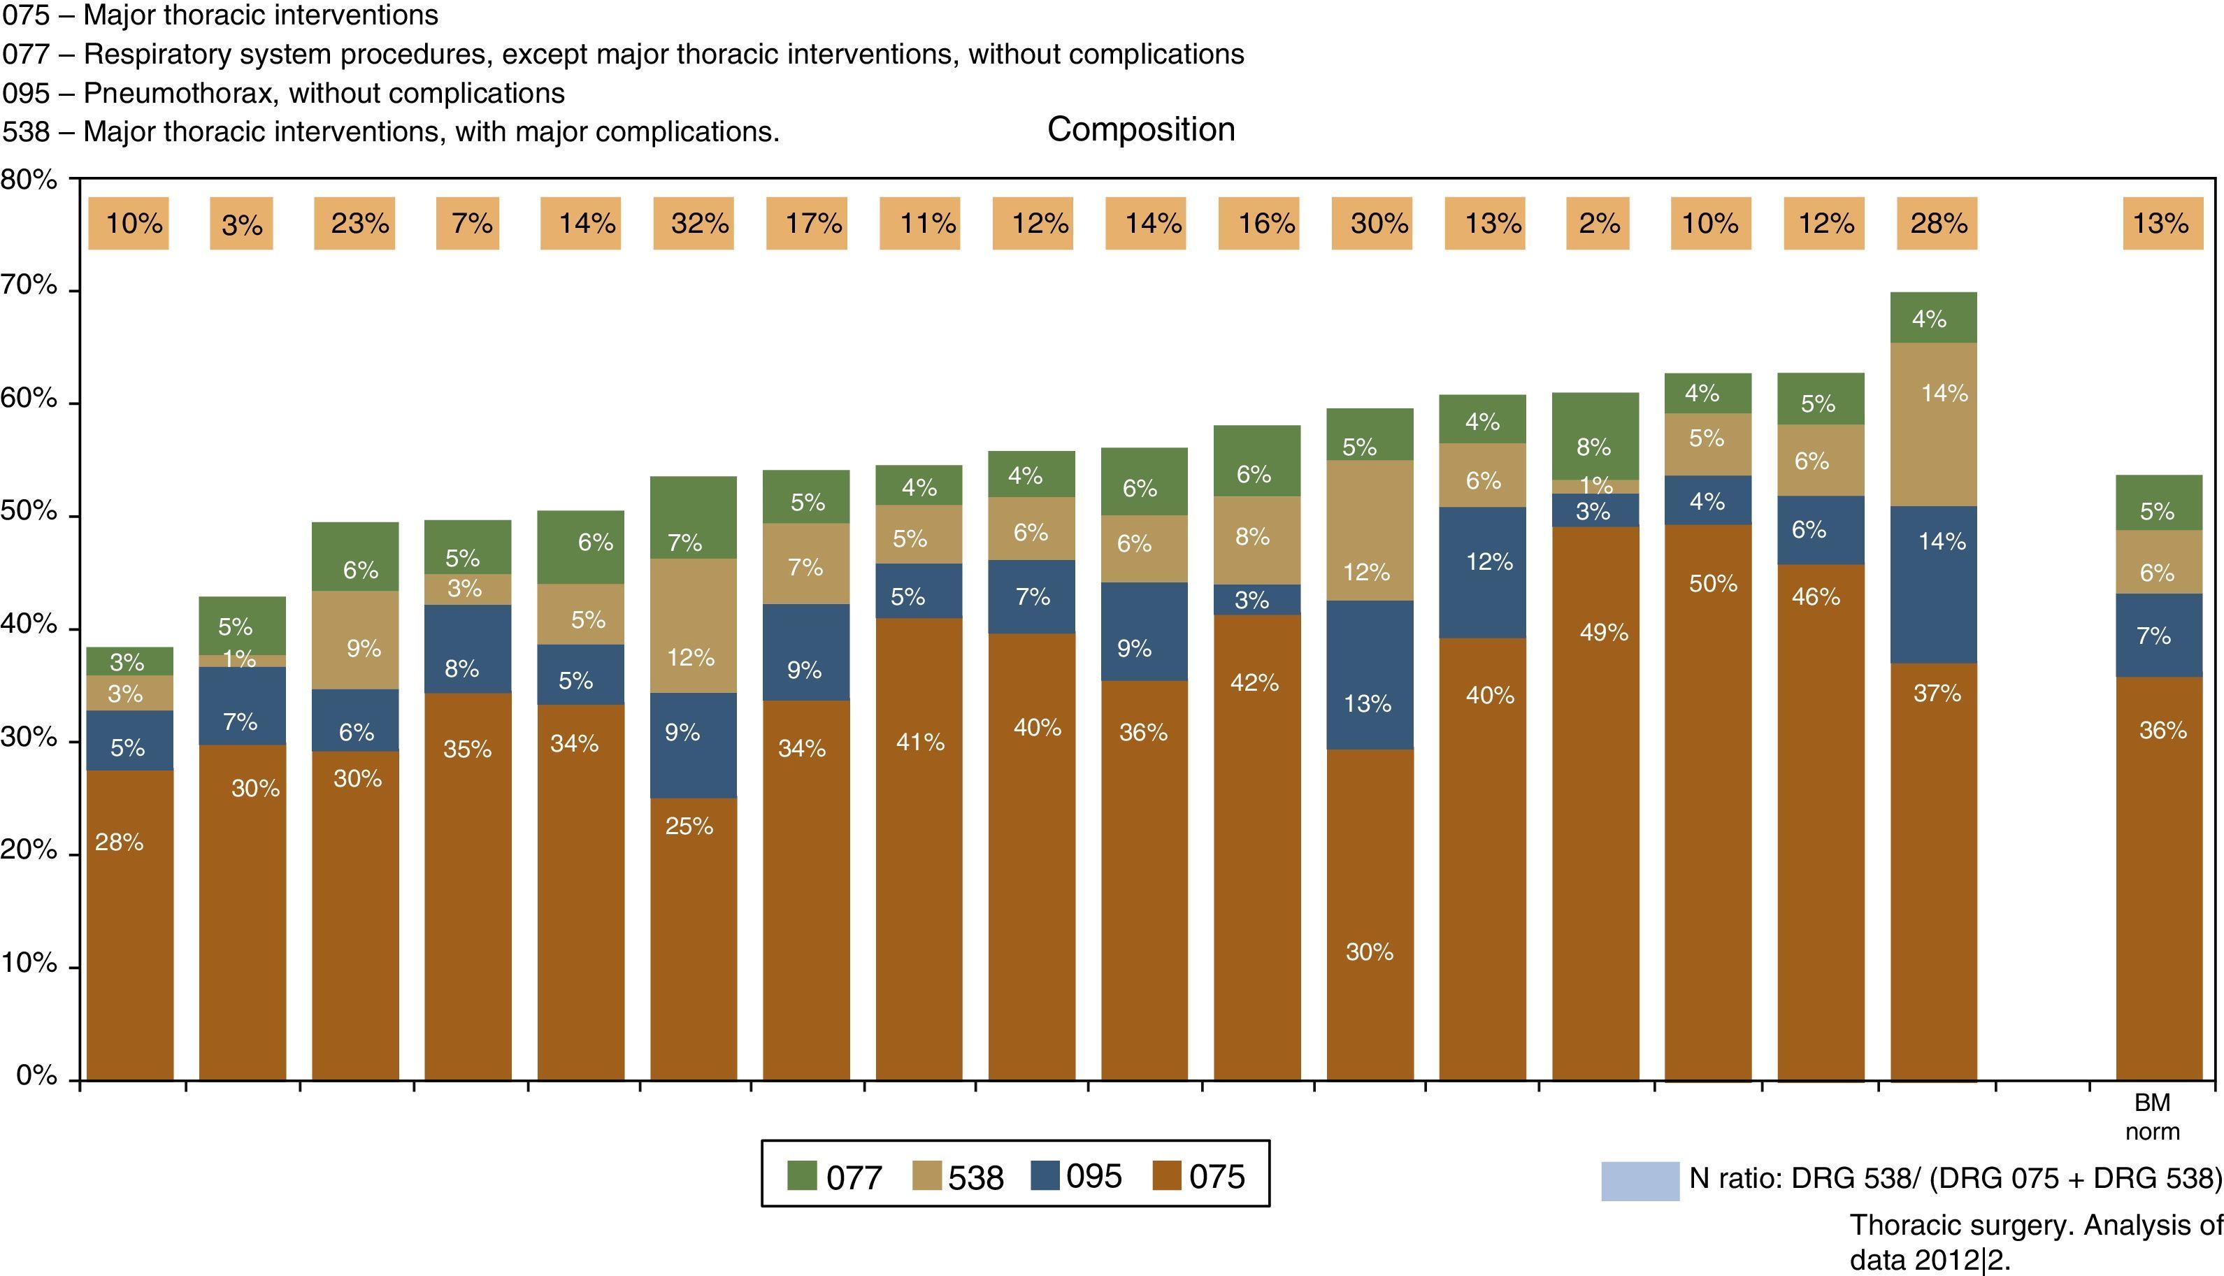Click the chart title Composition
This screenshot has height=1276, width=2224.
[1141, 130]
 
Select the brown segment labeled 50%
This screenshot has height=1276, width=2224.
[1708, 801]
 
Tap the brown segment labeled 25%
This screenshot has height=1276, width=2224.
[693, 938]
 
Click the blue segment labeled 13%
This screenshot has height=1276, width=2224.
[1370, 674]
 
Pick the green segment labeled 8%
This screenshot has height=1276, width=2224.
[1595, 436]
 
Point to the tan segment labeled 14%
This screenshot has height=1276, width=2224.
[1934, 424]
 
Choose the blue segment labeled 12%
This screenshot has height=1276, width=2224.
[1483, 571]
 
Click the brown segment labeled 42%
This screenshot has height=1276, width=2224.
[1256, 847]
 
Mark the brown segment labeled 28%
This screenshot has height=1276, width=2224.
[129, 924]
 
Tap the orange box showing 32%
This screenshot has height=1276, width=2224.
[693, 224]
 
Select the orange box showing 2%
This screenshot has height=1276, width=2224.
[1597, 224]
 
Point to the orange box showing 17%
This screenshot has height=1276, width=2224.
[806, 224]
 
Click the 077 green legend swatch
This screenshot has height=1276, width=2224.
[802, 1175]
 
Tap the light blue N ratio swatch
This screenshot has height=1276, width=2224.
[1640, 1180]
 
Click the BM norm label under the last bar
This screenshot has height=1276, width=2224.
[2152, 1117]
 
